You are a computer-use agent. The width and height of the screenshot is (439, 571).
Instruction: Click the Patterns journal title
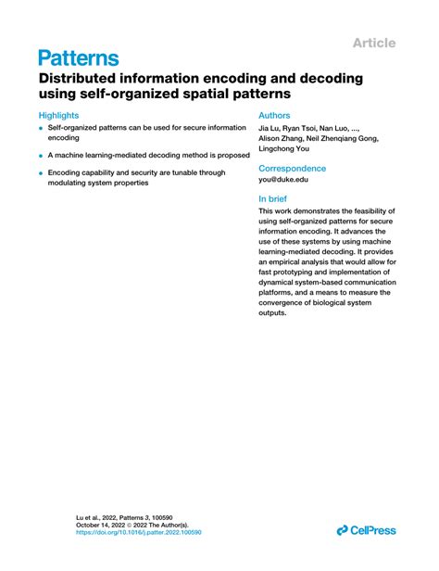tap(79, 58)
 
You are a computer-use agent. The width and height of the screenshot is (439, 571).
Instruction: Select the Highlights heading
tap(58, 116)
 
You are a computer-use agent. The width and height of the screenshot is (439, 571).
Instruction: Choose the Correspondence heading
tap(292, 169)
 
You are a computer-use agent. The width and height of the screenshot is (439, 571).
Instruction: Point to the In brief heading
tap(277, 198)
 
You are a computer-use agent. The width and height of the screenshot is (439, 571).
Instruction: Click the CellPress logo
tap(366, 530)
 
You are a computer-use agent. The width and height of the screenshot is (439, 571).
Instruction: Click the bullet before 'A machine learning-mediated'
tap(42, 155)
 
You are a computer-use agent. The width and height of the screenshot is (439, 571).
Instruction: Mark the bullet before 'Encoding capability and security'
tap(42, 173)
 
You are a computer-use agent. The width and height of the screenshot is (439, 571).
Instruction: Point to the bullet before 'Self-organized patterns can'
tap(42, 127)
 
